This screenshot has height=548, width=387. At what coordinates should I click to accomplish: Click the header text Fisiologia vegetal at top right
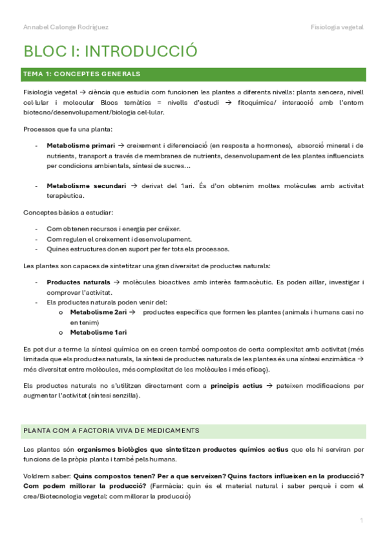coord(337,27)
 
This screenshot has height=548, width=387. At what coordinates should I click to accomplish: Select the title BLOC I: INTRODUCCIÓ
coord(110,51)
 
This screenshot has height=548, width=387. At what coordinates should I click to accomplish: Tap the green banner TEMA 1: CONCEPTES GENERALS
coord(81,74)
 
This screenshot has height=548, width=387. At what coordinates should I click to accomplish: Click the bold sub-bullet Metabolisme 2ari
coord(98,312)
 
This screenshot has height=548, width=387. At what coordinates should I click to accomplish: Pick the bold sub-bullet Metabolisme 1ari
coord(98,332)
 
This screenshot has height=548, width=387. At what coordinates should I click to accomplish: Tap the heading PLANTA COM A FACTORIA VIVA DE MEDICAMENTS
coord(111,430)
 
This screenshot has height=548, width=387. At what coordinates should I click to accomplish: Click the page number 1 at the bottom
coord(362,520)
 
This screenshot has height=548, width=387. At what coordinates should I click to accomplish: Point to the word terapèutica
coord(65,195)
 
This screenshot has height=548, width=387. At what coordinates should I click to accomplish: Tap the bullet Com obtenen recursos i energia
coord(114,229)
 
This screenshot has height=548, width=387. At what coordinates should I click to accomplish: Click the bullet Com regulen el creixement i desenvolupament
coord(119,238)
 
